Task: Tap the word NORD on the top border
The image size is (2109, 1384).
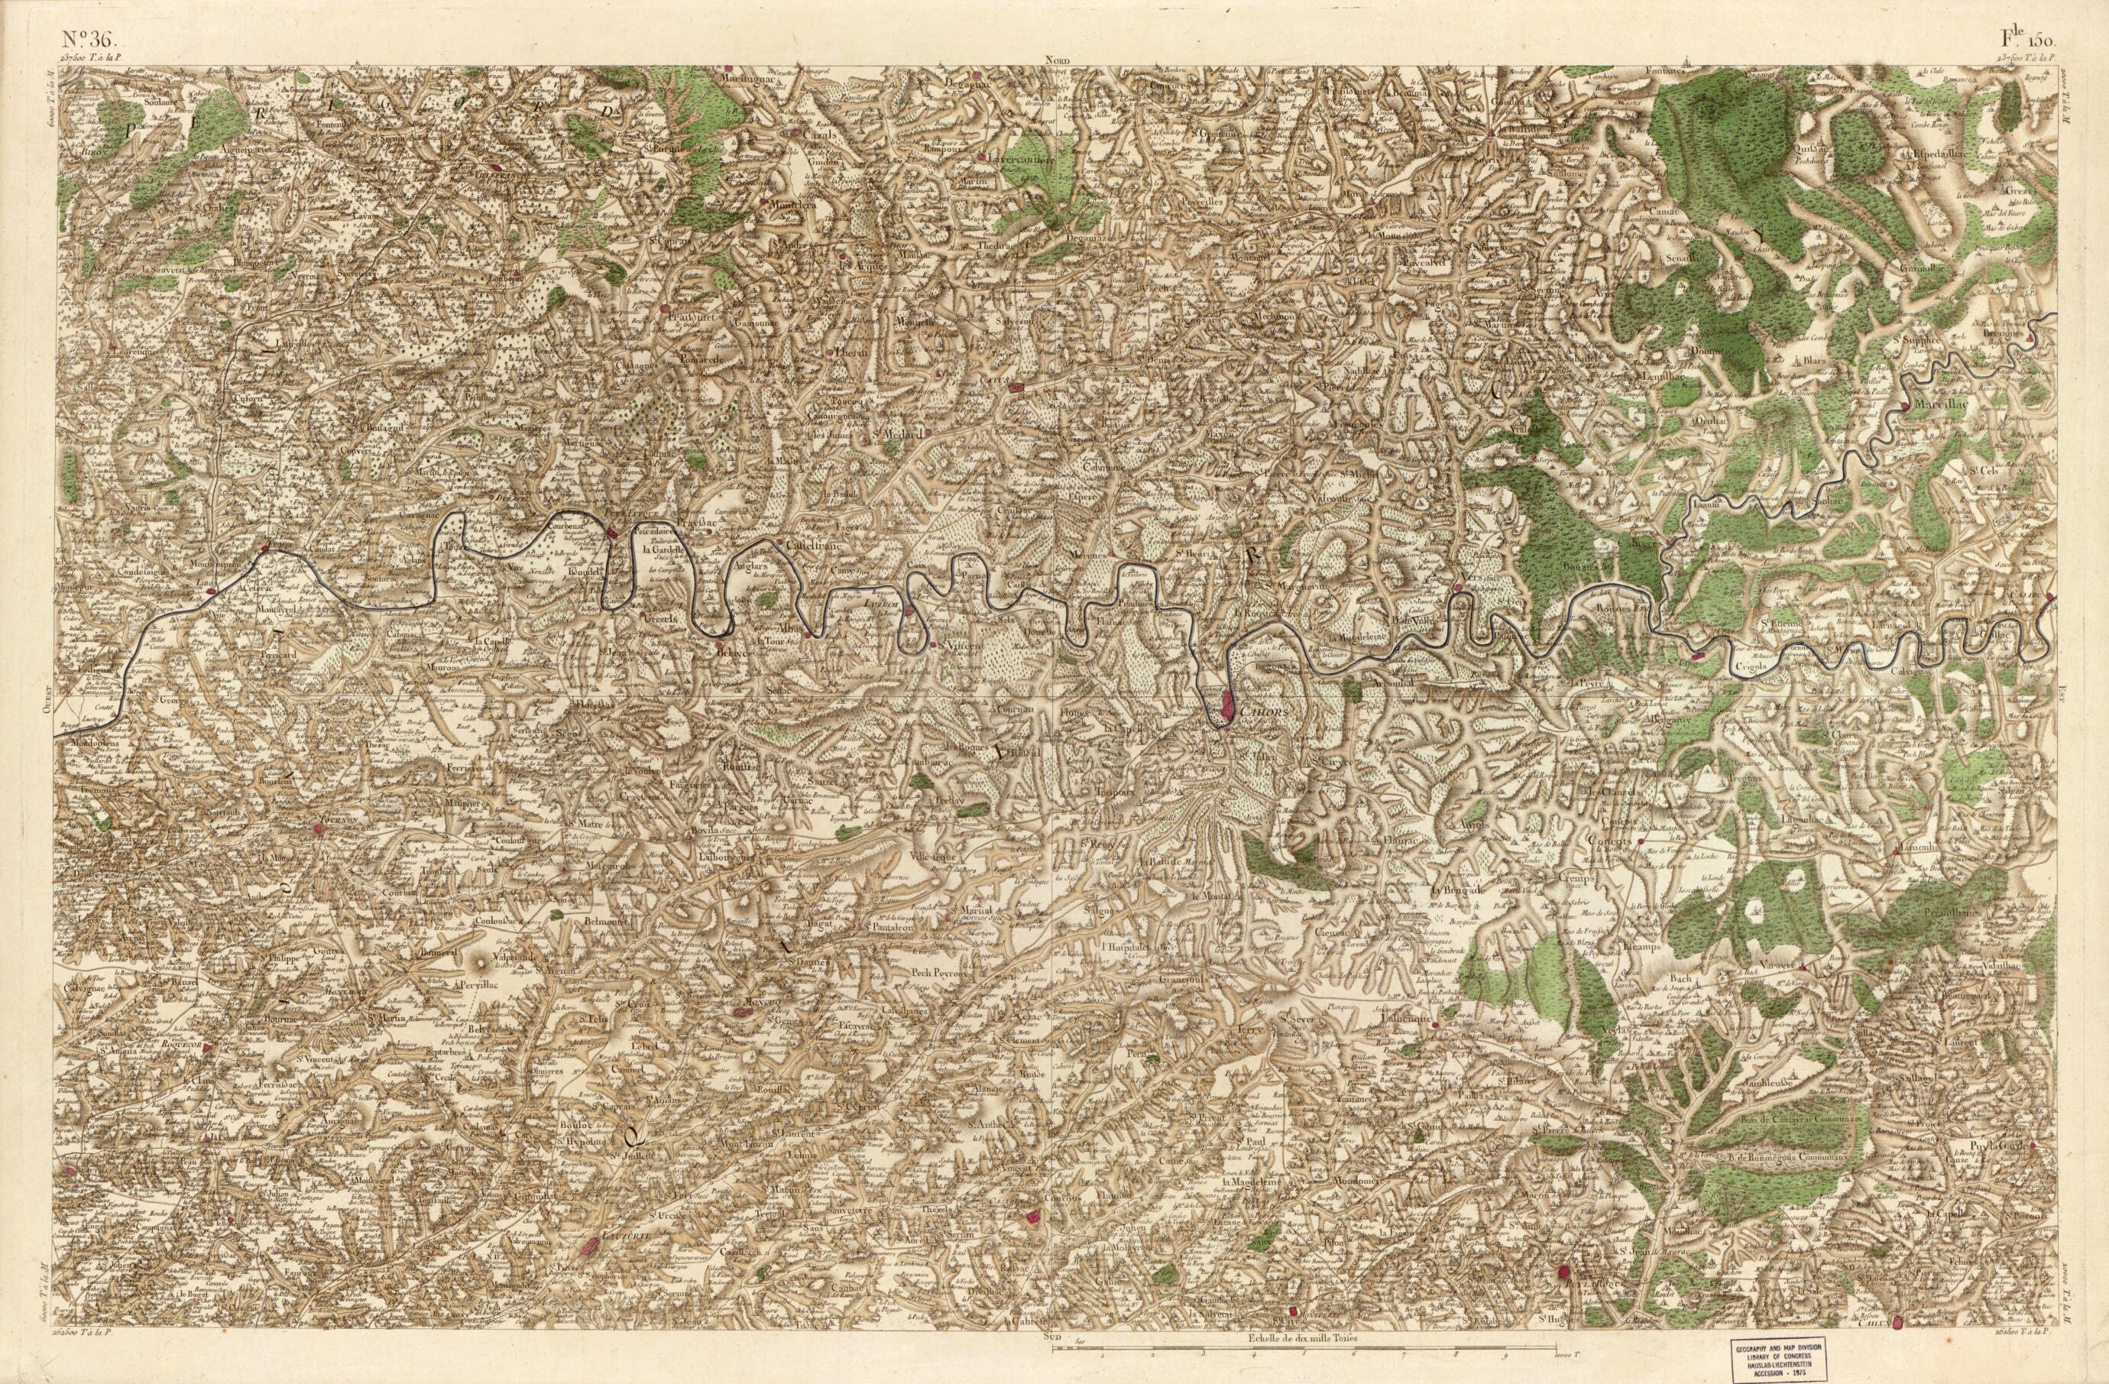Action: click(1057, 60)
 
